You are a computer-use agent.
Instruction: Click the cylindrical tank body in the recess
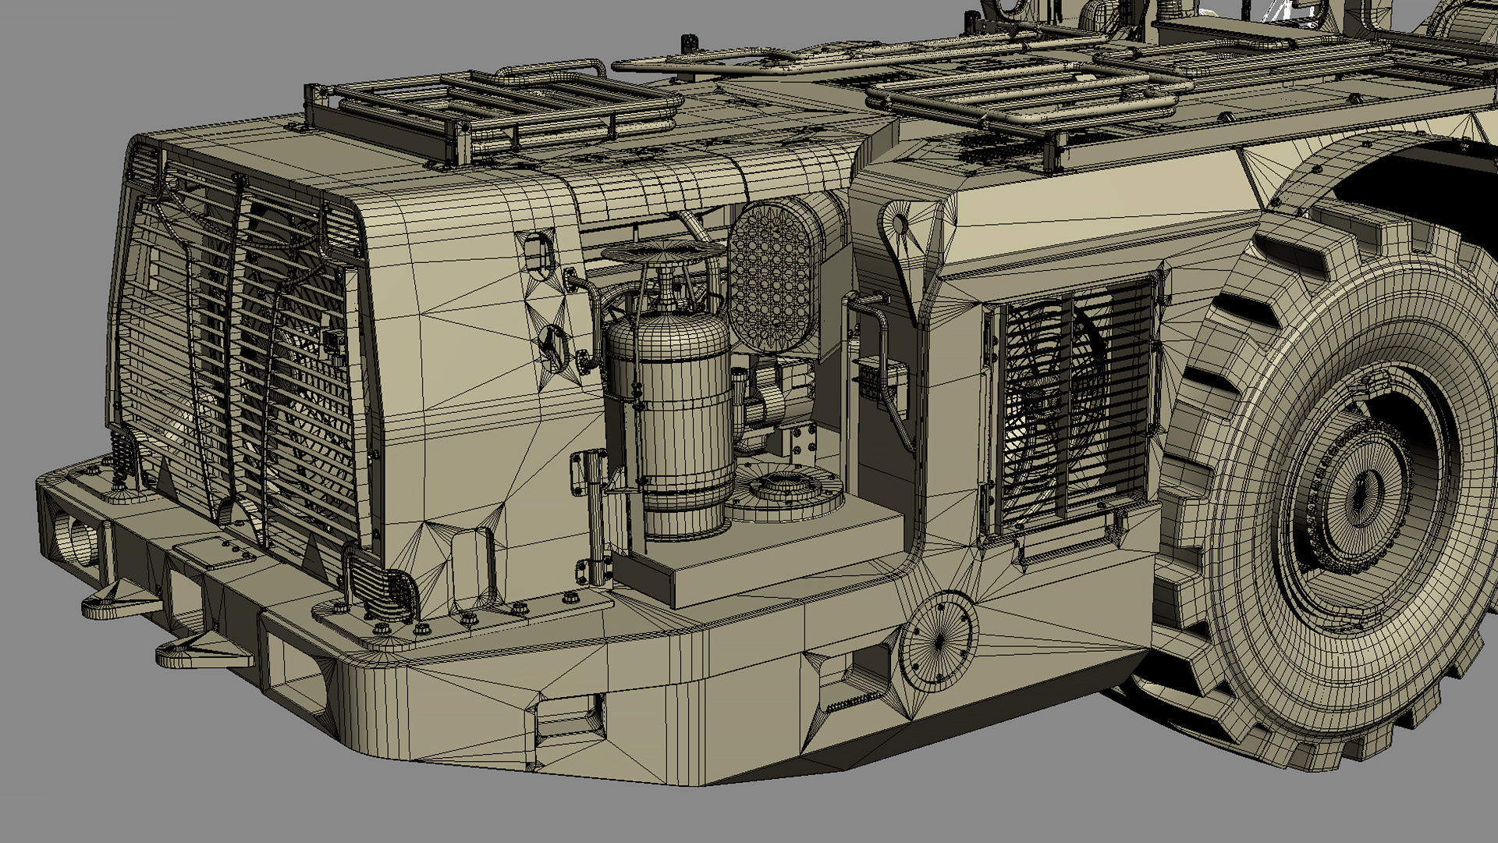pos(669,421)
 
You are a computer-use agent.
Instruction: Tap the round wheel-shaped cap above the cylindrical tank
pos(663,251)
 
